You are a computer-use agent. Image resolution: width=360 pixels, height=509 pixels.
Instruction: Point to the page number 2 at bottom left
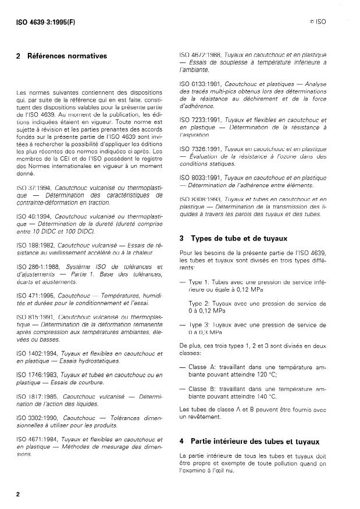pos(19,493)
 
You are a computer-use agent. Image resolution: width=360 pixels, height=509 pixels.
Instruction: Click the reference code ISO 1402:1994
pos(40,353)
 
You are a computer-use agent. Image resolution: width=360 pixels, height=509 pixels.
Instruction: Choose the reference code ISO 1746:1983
pos(40,375)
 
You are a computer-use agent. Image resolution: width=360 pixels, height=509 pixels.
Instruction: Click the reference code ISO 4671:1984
pos(40,440)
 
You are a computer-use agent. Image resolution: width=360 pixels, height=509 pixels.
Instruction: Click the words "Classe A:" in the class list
pos(204,367)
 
